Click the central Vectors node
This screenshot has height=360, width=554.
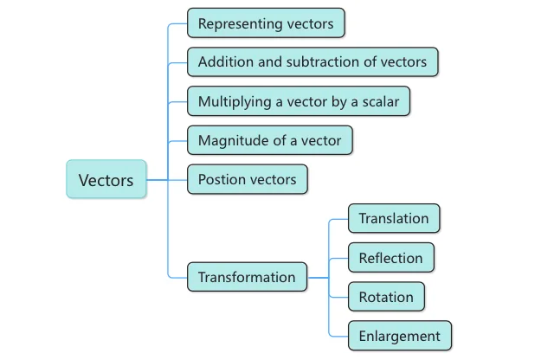click(x=106, y=179)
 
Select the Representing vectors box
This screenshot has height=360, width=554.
click(x=266, y=23)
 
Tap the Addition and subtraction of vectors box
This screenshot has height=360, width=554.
click(x=312, y=62)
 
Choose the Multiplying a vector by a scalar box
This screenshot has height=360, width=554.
click(x=298, y=101)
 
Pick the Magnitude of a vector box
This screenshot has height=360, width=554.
click(x=270, y=140)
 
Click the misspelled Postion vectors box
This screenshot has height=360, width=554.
click(x=247, y=179)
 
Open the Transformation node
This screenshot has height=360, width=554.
click(x=247, y=277)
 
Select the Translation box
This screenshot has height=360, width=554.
click(x=394, y=218)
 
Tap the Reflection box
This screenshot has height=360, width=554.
click(x=390, y=257)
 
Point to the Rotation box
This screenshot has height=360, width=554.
click(x=386, y=297)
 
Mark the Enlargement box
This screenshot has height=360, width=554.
click(x=399, y=336)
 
